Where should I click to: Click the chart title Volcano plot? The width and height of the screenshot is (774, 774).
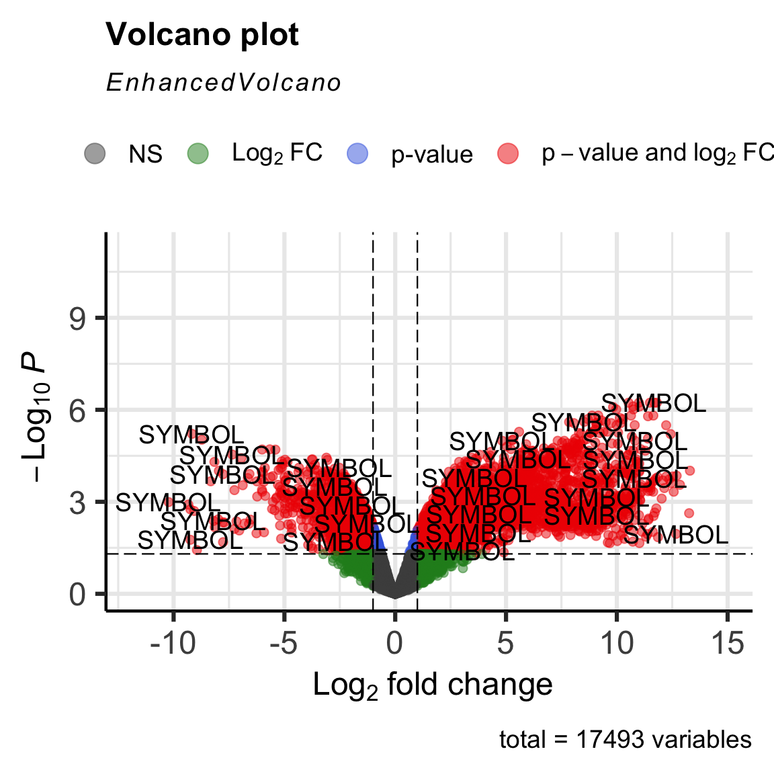click(x=202, y=35)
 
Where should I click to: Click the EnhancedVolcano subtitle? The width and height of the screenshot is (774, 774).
click(x=224, y=83)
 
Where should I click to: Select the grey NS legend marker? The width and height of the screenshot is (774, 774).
click(x=95, y=153)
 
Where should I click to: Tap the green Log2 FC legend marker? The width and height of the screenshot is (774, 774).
click(x=198, y=153)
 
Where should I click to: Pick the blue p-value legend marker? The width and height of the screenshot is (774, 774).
click(x=357, y=153)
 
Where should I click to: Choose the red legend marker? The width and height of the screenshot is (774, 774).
click(x=508, y=153)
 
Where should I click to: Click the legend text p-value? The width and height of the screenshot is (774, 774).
click(x=432, y=155)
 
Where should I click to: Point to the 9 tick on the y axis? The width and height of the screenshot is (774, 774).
click(x=78, y=318)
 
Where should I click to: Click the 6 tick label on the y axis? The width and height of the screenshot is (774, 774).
click(x=78, y=410)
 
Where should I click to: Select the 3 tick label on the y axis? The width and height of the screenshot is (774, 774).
click(x=78, y=502)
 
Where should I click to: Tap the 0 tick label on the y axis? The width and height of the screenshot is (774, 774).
click(x=78, y=594)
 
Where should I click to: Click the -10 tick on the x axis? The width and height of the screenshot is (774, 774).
click(x=173, y=643)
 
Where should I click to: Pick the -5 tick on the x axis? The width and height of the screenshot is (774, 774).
click(x=284, y=643)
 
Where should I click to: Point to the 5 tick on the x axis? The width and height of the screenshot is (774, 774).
click(x=505, y=643)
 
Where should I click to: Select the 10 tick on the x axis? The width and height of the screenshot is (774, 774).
click(x=616, y=643)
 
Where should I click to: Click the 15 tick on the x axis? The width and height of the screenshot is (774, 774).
click(x=727, y=643)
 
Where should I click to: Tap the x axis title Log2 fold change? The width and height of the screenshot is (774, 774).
click(x=433, y=685)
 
